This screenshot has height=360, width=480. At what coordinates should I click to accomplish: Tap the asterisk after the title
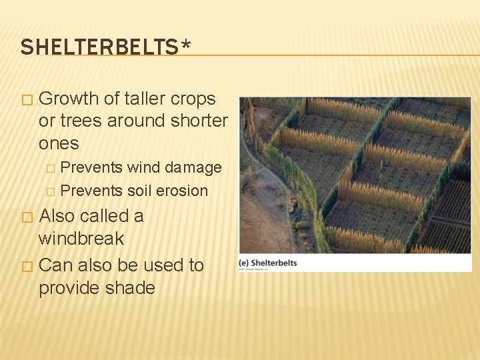[x=185, y=45]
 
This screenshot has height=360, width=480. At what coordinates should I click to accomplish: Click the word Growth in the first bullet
[x=70, y=99]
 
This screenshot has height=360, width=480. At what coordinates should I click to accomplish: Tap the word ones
[x=59, y=143]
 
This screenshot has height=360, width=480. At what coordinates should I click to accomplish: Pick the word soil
[x=139, y=191]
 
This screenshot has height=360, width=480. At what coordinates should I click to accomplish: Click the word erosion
[x=181, y=191]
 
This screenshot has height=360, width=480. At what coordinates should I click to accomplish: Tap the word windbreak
[x=81, y=238]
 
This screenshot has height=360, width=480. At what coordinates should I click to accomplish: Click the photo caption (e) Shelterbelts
[x=268, y=263]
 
